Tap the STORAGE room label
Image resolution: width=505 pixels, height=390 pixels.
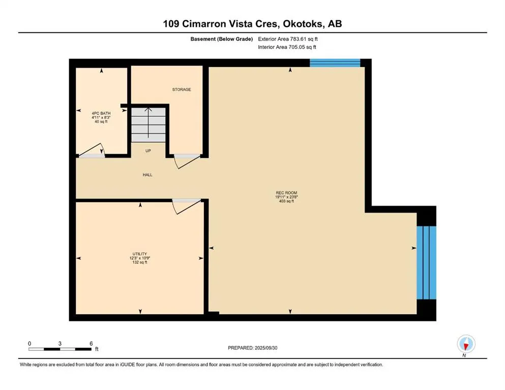[182, 89]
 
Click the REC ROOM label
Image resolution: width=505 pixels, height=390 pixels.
[286, 192]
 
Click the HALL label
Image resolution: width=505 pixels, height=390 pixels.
[147, 175]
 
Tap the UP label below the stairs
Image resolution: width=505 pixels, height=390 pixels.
[148, 151]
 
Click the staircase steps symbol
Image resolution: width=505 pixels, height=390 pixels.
[148, 124]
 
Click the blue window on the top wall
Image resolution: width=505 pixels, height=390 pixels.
[335, 63]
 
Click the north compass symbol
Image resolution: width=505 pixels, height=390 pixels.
[465, 344]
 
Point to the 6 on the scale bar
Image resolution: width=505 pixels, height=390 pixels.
[91, 344]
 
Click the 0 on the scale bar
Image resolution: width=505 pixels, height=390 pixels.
[29, 344]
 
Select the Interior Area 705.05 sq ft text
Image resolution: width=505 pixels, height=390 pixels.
[287, 47]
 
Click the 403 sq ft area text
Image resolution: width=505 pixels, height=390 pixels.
[286, 202]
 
